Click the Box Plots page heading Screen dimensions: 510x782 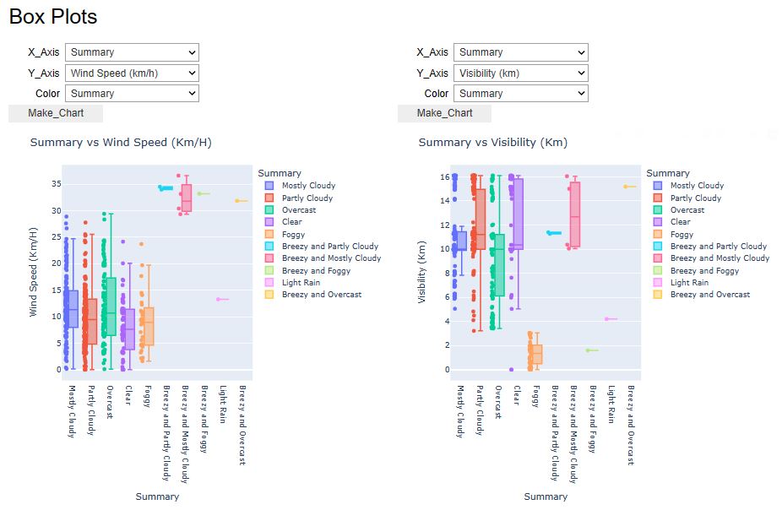(53, 17)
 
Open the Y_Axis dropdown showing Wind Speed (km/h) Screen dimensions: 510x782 (132, 73)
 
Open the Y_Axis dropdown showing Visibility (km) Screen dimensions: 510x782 (520, 73)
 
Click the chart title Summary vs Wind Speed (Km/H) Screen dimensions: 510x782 (121, 142)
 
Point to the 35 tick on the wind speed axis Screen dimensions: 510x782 (56, 183)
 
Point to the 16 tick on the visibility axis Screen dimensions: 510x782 (444, 177)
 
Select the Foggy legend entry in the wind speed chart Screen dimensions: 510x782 (294, 234)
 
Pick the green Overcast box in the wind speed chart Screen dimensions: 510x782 (111, 306)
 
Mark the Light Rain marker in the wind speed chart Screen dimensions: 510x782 (222, 299)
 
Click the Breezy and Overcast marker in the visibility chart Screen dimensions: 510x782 (630, 187)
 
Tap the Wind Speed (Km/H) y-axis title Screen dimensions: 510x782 (35, 272)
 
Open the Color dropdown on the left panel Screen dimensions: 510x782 (132, 94)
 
